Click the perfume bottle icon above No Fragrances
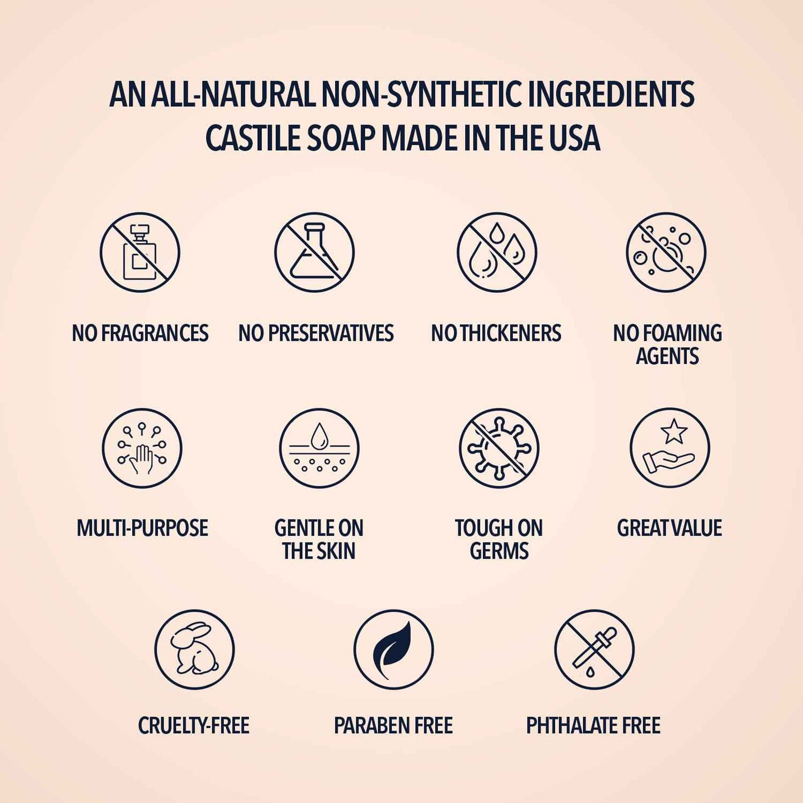(140, 252)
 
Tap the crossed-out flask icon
(315, 252)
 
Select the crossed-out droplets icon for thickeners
(497, 252)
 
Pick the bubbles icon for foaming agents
(666, 252)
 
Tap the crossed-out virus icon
(499, 448)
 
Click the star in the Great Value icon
(674, 431)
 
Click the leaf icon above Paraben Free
(393, 650)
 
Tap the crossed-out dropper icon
(594, 650)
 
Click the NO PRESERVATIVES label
(316, 333)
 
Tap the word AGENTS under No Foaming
(667, 356)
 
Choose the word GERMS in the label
(499, 551)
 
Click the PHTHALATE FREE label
(593, 726)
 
